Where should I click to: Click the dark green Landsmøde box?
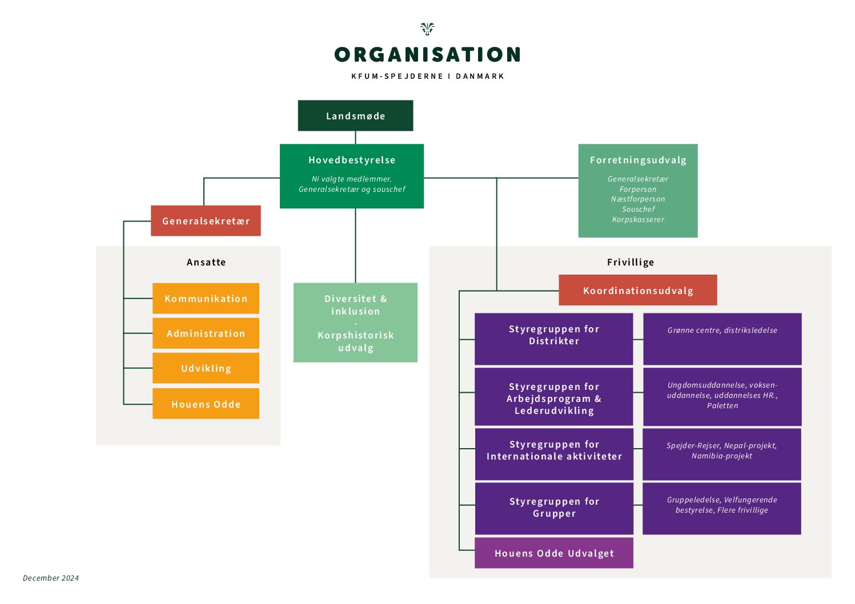[x=355, y=116]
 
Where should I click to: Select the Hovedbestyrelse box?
[x=352, y=176]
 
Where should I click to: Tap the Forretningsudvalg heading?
[x=638, y=160]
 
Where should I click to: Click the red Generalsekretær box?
[x=206, y=221]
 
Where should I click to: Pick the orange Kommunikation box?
[x=206, y=299]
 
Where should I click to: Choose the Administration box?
[x=206, y=333]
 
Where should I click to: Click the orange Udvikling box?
[x=206, y=368]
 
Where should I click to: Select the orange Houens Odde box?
[x=206, y=404]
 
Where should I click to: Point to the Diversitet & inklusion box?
[x=355, y=323]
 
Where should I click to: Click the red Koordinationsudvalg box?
[x=638, y=291]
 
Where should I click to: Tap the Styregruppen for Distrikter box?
[x=554, y=339]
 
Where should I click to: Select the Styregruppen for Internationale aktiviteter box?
[x=554, y=454]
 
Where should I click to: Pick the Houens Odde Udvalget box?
[x=554, y=553]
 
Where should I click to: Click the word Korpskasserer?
[x=638, y=220]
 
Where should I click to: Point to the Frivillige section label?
[x=631, y=263]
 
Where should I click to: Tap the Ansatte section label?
[x=206, y=263]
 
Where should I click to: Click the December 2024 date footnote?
[x=51, y=578]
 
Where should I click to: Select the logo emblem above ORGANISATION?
[x=427, y=29]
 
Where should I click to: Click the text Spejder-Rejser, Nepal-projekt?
[x=721, y=446]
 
